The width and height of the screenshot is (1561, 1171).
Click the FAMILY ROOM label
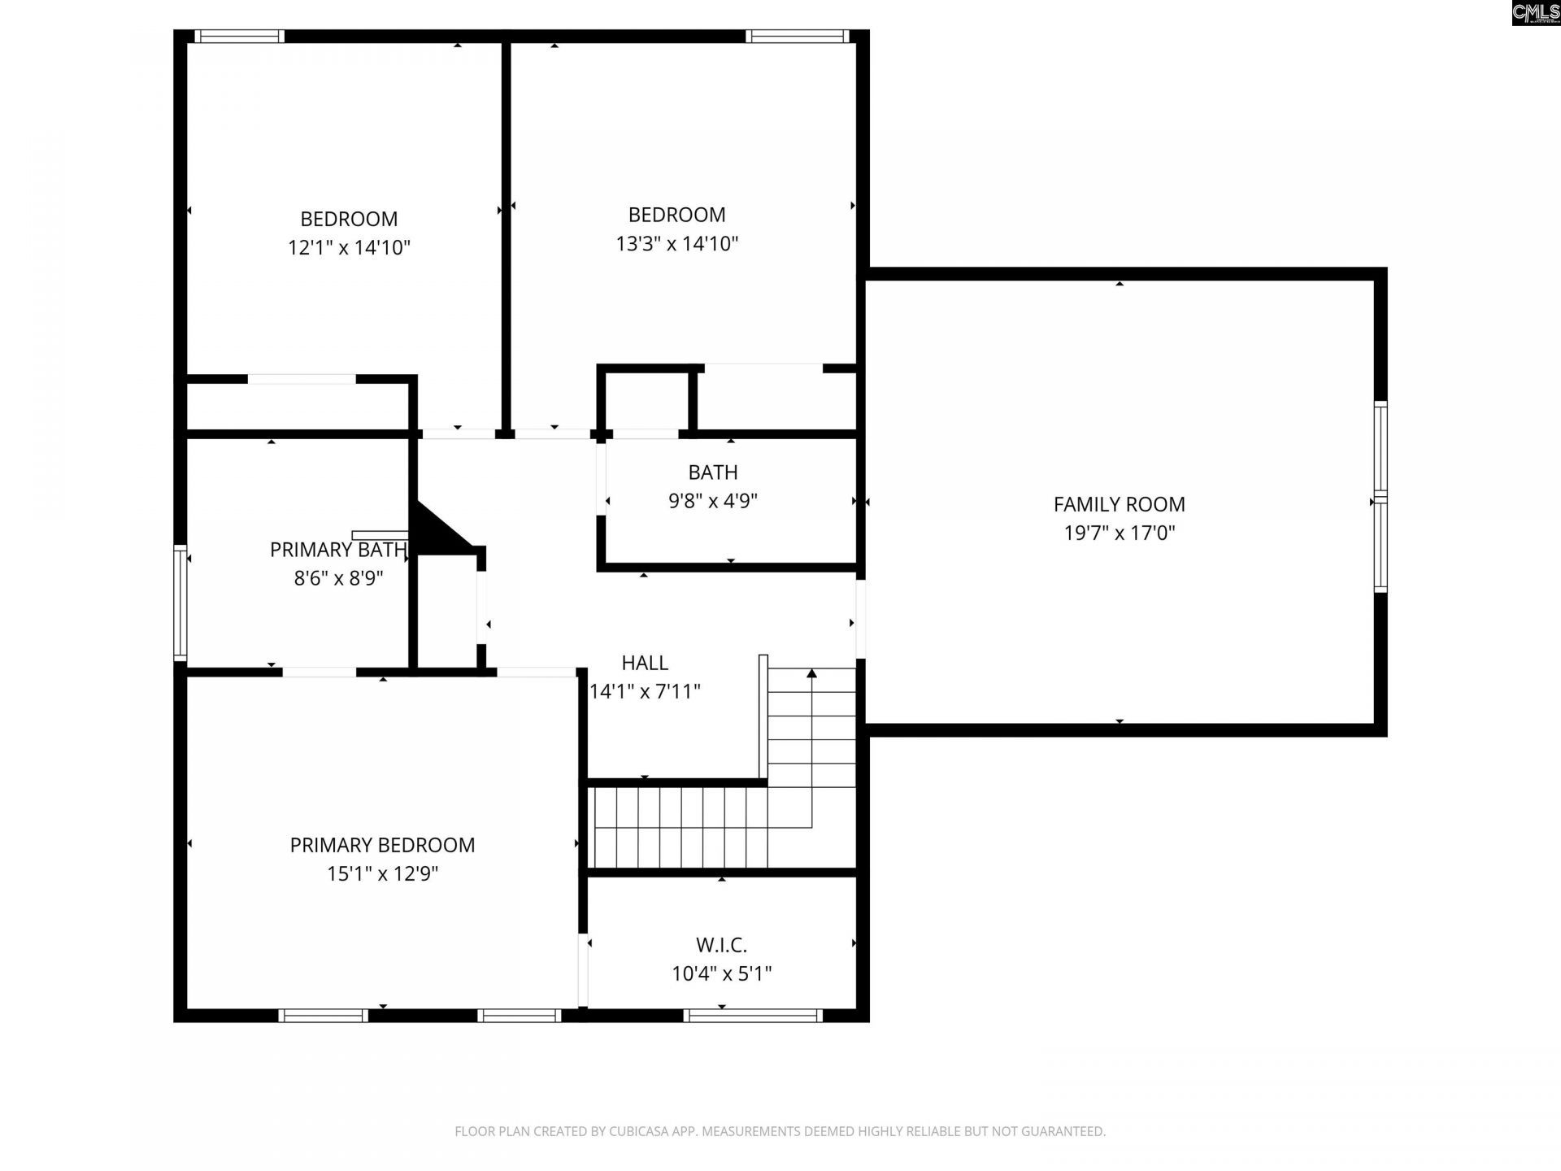coord(1119,504)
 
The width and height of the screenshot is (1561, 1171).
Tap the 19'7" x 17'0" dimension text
coord(1119,533)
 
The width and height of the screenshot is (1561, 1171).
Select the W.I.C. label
coord(721,945)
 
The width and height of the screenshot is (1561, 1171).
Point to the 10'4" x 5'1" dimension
coord(721,973)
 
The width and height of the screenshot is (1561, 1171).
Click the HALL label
coord(645,663)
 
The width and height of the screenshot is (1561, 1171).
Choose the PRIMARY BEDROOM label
coord(382,845)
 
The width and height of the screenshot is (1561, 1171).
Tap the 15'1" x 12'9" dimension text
coord(382,874)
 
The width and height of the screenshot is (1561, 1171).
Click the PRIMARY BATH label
coord(338,550)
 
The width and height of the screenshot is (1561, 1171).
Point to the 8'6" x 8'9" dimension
coord(338,578)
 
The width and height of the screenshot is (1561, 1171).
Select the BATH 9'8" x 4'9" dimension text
coord(713,501)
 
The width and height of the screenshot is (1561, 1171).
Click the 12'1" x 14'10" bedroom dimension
coord(349,247)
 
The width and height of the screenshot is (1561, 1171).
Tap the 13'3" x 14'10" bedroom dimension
coord(676,243)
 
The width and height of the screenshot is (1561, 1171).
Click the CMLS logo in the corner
coord(1536,12)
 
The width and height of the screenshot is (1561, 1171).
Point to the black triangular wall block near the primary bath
coord(435,533)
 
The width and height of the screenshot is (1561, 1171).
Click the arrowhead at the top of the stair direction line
coord(811,673)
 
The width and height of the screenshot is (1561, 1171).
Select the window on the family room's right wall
coord(1380,496)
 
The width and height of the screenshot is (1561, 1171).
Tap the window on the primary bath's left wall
coord(180,602)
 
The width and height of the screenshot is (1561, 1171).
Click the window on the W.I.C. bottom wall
coord(753,1015)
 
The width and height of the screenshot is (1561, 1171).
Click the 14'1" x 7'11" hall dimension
coord(645,692)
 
